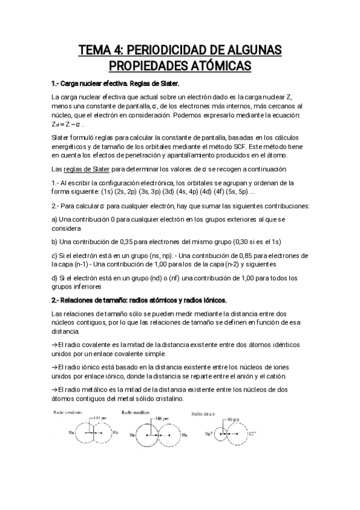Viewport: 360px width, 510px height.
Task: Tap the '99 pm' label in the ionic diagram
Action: [232, 419]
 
